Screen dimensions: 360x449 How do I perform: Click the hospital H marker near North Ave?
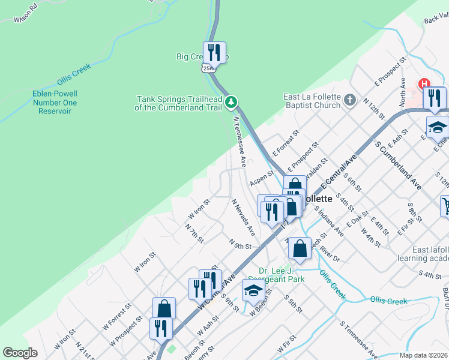[x=425, y=83]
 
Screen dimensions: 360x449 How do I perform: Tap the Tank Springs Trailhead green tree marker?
[x=231, y=103]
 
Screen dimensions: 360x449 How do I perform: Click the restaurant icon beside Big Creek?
[x=214, y=53]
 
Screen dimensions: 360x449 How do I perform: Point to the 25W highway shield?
[x=208, y=68]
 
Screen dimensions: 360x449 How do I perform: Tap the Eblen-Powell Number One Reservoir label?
[x=55, y=103]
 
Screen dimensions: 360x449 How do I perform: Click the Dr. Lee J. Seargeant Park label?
[x=282, y=275]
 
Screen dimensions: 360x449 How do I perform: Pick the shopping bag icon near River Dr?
[x=300, y=248]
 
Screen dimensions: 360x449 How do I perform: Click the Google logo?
[x=20, y=353]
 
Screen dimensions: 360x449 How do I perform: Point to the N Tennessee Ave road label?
[x=240, y=142]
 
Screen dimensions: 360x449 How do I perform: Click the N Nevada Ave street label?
[x=243, y=217]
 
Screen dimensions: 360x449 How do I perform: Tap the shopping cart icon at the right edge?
[x=445, y=206]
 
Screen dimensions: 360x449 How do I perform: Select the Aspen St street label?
[x=262, y=179]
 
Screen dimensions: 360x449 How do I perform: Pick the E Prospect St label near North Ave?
[x=390, y=71]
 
